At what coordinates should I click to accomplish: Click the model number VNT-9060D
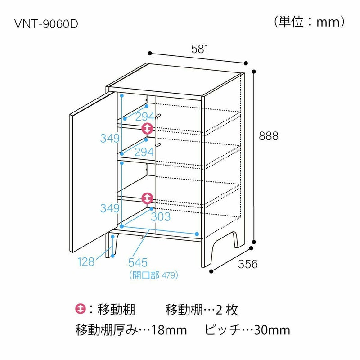(x=46, y=24)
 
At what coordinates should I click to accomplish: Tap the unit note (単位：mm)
(x=309, y=22)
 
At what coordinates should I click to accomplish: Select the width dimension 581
(x=200, y=49)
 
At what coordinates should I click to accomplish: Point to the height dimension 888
(x=269, y=136)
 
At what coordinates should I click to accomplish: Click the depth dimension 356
(x=248, y=264)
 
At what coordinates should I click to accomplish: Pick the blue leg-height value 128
(x=86, y=262)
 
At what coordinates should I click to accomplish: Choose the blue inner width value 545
(x=138, y=262)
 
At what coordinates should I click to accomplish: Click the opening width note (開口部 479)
(x=153, y=275)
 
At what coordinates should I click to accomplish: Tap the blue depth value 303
(x=161, y=217)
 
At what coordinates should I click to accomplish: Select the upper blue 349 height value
(x=110, y=139)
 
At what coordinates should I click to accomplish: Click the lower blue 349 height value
(x=110, y=208)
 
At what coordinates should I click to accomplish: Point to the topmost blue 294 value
(x=145, y=117)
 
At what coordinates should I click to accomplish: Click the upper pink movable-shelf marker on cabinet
(x=147, y=128)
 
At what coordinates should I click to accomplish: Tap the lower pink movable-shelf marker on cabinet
(x=147, y=198)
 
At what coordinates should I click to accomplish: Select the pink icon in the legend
(x=81, y=309)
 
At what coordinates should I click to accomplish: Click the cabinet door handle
(x=158, y=130)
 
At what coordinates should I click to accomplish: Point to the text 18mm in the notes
(x=169, y=330)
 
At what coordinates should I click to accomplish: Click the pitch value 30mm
(x=272, y=330)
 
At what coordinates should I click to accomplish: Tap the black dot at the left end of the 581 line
(x=150, y=54)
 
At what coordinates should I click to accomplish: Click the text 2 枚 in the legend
(x=227, y=310)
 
